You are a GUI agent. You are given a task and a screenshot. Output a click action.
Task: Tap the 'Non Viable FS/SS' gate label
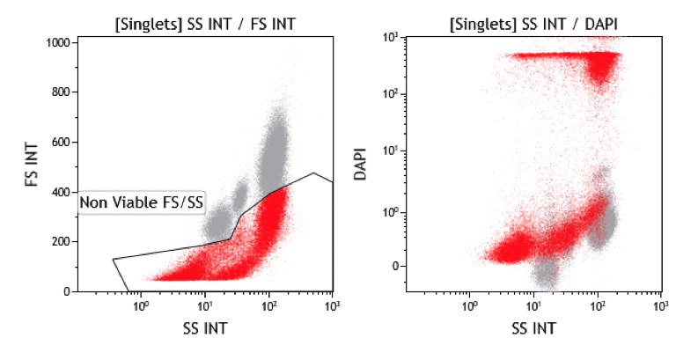click(x=142, y=203)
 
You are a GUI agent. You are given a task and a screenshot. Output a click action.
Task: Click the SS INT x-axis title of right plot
click(x=533, y=327)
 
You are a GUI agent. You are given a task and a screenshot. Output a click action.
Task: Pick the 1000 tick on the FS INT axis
click(x=60, y=42)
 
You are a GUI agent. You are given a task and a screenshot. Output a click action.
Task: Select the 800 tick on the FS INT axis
click(x=63, y=92)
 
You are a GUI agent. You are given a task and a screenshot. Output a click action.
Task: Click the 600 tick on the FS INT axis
click(x=63, y=142)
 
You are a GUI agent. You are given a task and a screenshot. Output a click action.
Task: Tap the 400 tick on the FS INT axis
click(x=63, y=191)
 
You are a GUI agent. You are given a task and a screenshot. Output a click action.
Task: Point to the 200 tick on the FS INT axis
click(x=63, y=241)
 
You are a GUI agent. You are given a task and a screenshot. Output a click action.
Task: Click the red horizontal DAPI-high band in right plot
click(x=546, y=55)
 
